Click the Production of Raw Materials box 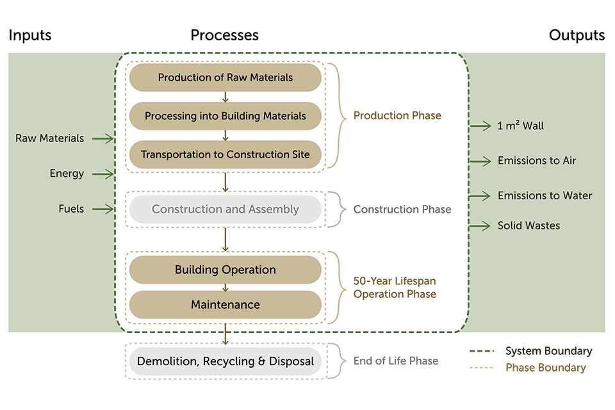coord(225,78)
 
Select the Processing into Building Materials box coord(225,116)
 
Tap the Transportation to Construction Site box coord(225,154)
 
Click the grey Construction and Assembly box coord(225,209)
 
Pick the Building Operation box coord(225,270)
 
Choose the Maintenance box coord(225,304)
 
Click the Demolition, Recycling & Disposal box coord(225,361)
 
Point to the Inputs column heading coord(30,35)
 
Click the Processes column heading coord(224,35)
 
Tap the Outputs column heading coord(577,35)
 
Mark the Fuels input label coord(70,209)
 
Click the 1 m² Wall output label coord(520,126)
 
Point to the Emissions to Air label coord(537,161)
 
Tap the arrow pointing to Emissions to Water coord(480,195)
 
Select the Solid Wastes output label coord(529,225)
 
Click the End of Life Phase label coord(396,361)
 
